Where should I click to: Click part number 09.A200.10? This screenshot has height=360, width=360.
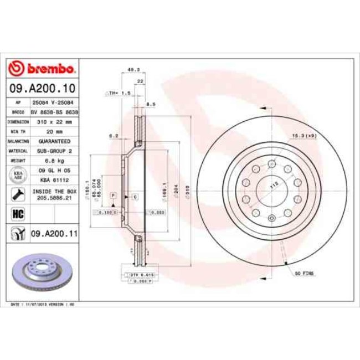42,88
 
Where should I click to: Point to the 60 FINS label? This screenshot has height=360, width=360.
304,274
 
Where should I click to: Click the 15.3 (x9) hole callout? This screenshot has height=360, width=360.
305,136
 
